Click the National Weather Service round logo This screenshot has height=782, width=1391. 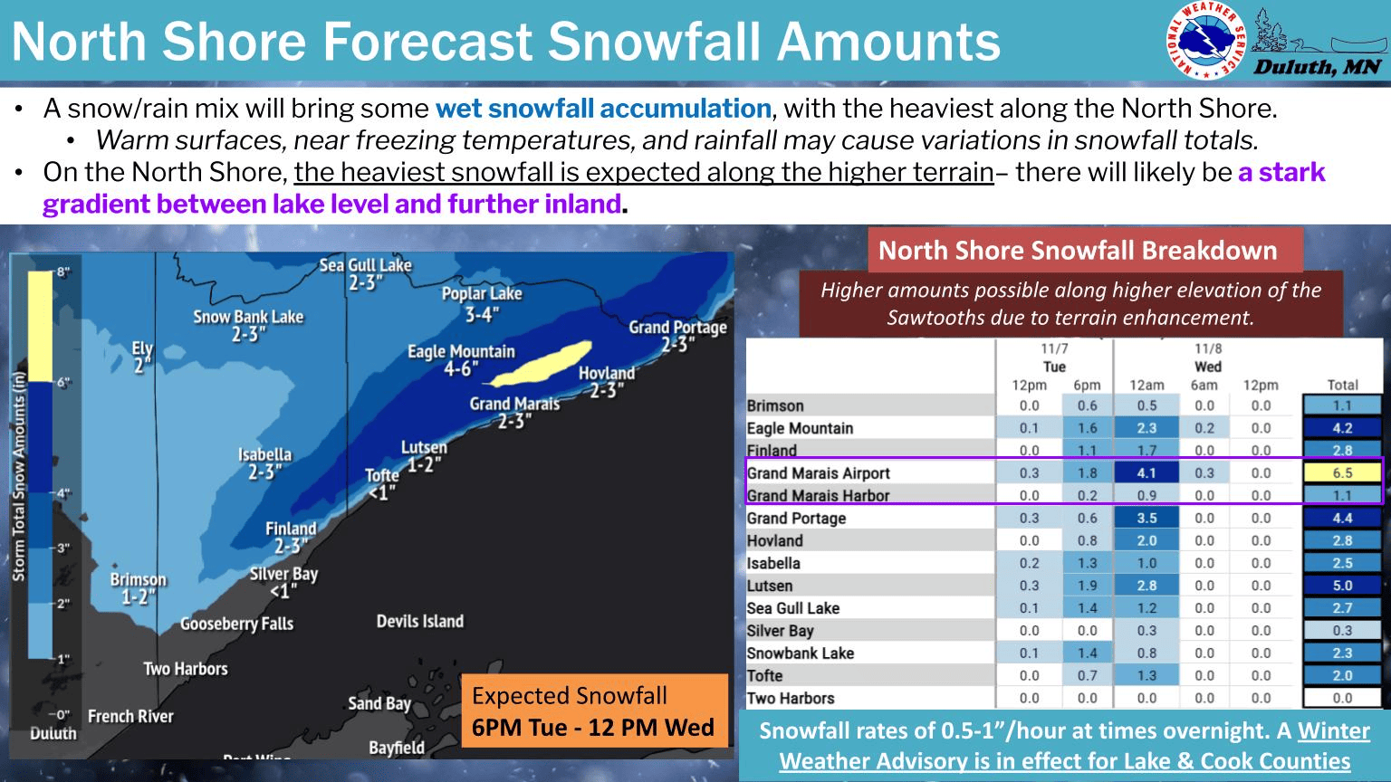click(1206, 40)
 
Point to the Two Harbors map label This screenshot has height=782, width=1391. click(186, 669)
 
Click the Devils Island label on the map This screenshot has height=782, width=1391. click(420, 622)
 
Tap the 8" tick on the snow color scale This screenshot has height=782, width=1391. click(62, 272)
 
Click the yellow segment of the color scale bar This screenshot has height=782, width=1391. click(40, 326)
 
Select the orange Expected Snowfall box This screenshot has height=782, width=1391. click(593, 711)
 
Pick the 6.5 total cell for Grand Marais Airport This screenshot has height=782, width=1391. click(1342, 472)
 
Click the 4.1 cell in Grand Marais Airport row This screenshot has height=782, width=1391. click(1146, 472)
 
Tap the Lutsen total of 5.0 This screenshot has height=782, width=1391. click(1342, 586)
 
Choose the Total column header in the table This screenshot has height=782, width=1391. click(1342, 385)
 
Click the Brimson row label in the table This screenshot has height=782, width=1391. click(775, 405)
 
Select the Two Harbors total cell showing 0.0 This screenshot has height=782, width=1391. click(1342, 698)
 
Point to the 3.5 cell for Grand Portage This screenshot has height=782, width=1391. click(1146, 518)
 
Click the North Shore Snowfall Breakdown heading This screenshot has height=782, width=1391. click(1078, 251)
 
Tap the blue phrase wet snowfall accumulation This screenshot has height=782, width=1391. click(603, 109)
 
